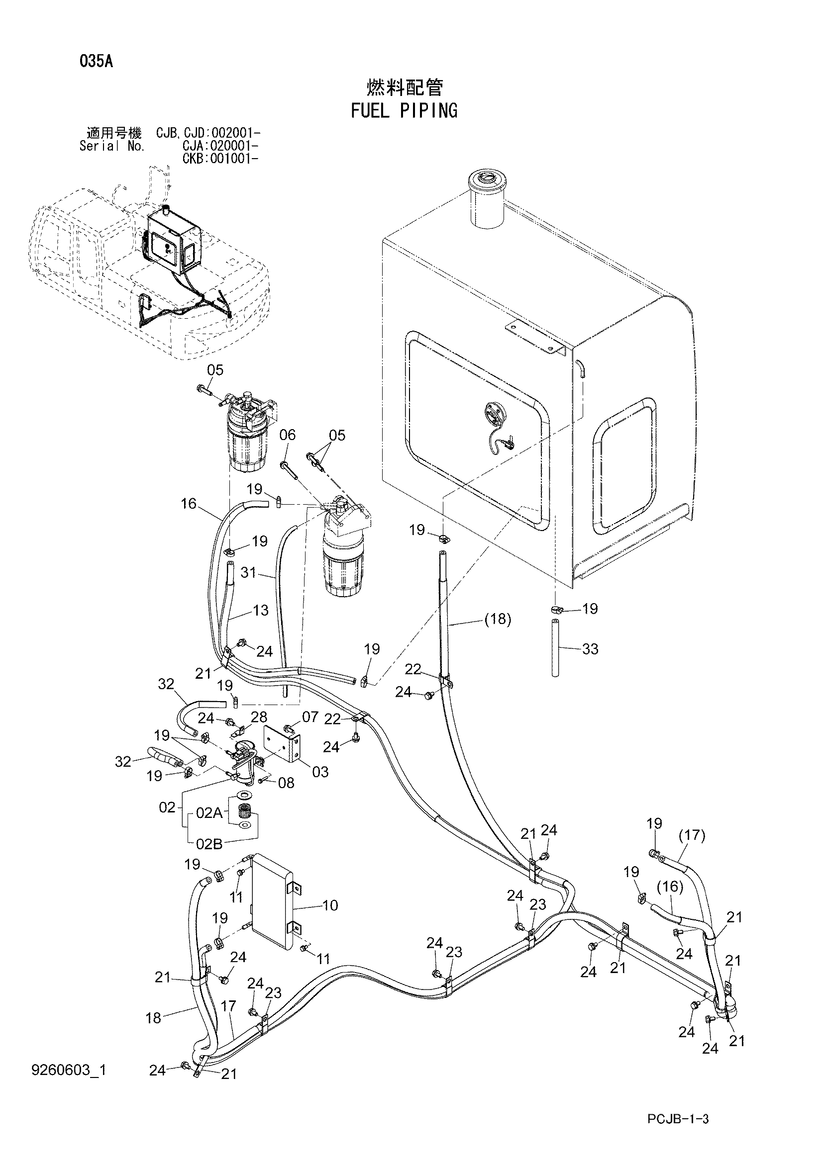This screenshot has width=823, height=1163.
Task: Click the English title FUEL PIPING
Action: click(x=404, y=110)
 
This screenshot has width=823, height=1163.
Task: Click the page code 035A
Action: click(x=97, y=62)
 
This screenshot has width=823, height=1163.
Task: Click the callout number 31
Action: click(x=248, y=573)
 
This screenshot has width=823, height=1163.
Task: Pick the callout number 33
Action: click(x=591, y=648)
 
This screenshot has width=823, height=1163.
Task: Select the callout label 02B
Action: click(x=209, y=844)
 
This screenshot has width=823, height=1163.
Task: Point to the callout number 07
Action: click(x=310, y=716)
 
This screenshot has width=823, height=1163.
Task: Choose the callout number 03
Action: click(x=320, y=772)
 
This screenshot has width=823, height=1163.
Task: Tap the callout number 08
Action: click(x=286, y=783)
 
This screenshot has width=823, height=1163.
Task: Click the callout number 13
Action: click(x=260, y=610)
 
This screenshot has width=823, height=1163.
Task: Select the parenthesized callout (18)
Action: click(x=497, y=619)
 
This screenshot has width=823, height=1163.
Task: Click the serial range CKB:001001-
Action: click(x=220, y=158)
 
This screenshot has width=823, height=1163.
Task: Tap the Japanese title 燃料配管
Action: click(x=405, y=88)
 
